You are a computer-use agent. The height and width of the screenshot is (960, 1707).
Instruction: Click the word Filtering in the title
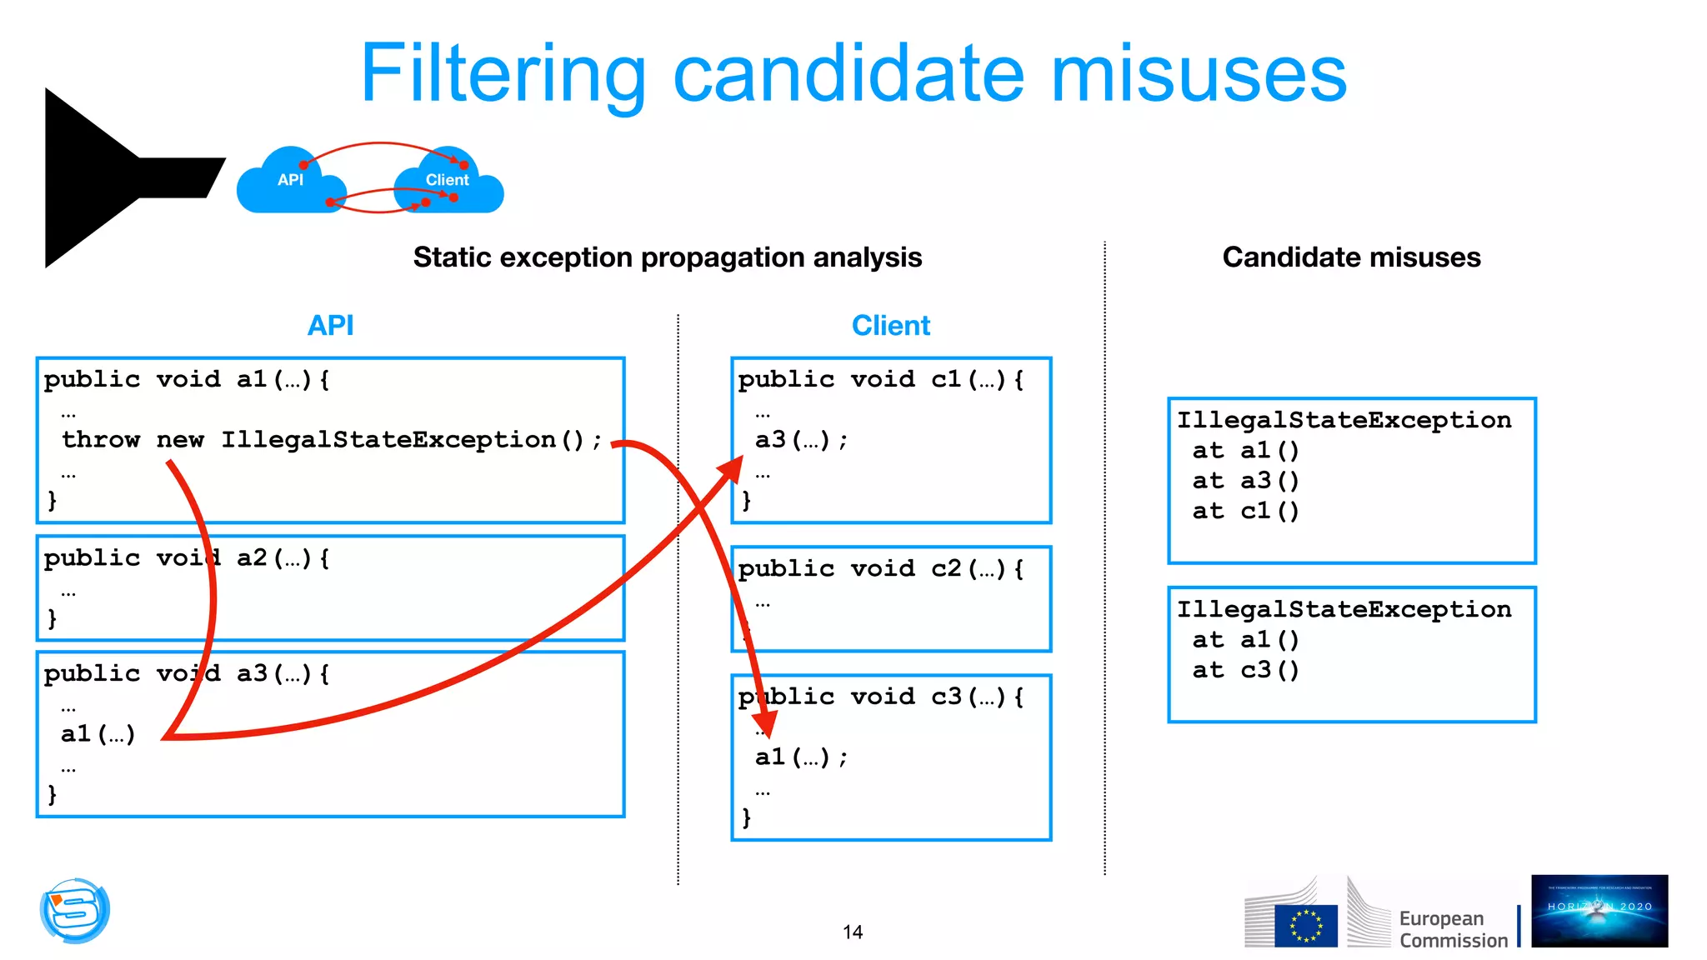pos(503,75)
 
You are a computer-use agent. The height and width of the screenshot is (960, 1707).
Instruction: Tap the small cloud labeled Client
pos(448,183)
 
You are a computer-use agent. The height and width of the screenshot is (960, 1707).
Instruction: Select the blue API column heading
pos(330,325)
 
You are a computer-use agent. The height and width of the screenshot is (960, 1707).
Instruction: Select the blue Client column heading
pos(890,325)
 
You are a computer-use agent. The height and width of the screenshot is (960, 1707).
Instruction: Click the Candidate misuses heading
pos(1351,257)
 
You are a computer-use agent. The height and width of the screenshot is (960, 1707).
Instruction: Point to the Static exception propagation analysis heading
pos(667,257)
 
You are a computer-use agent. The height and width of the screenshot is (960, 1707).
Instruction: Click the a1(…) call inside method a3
pos(98,734)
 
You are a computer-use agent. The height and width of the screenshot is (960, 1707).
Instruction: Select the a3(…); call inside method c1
pos(801,439)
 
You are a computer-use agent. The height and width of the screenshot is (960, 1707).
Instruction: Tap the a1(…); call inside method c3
pos(801,757)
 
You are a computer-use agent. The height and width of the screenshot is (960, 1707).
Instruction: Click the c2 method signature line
pos(880,568)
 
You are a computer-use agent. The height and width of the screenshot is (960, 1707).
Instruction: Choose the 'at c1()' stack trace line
pos(1245,511)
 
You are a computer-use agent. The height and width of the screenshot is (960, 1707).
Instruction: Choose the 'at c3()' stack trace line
pos(1245,670)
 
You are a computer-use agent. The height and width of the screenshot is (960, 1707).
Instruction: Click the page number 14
pos(853,932)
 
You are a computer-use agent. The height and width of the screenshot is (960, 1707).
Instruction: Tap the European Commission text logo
pos(1453,928)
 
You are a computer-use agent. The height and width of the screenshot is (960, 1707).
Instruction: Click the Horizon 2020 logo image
pos(1599,910)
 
